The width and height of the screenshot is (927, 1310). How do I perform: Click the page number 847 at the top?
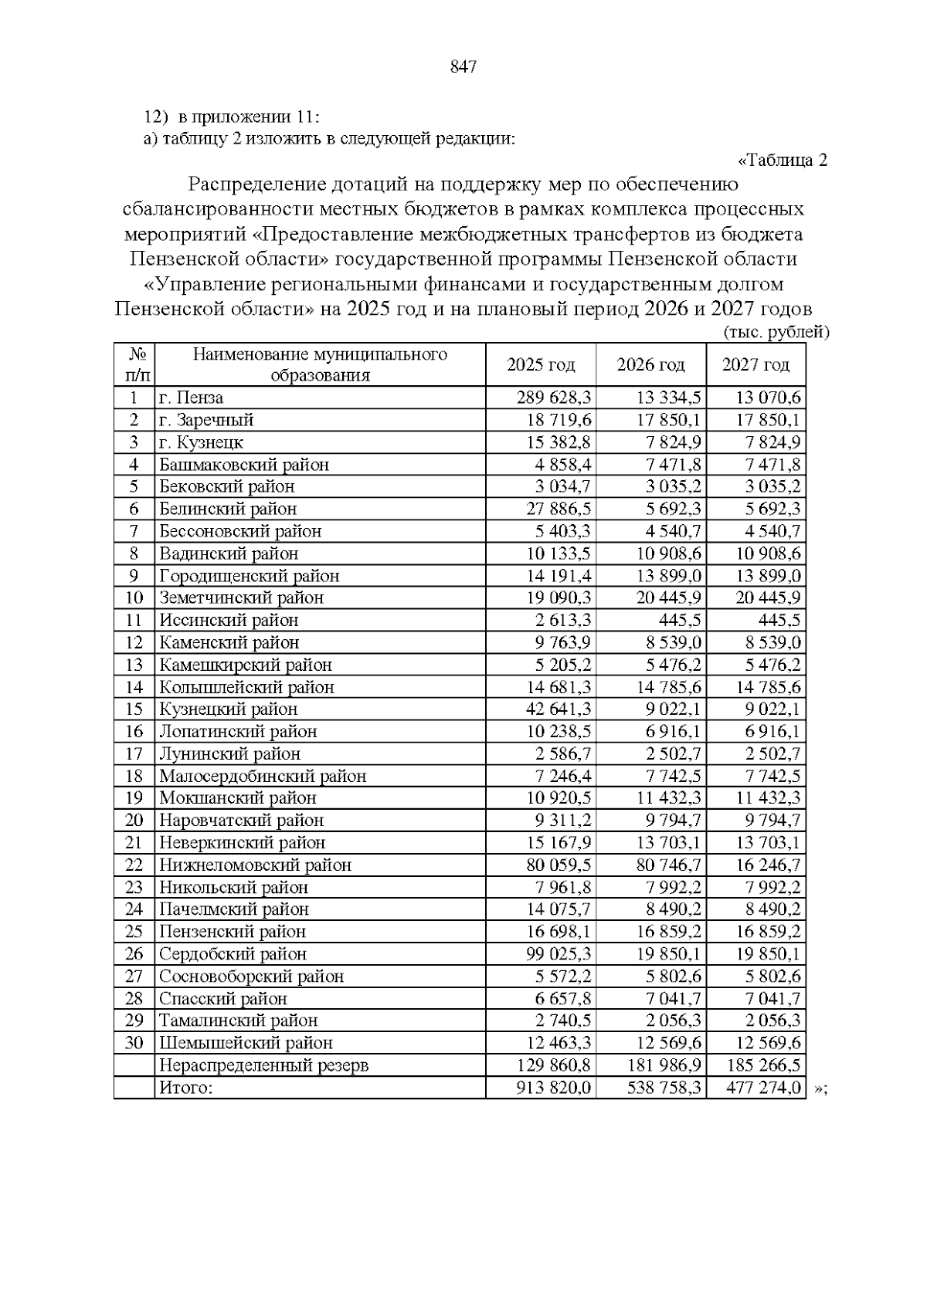tap(463, 67)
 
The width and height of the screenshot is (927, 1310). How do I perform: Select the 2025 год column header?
tap(541, 364)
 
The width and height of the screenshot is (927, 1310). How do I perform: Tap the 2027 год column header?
tap(756, 364)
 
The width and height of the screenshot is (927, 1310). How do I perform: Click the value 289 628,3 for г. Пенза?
tap(554, 398)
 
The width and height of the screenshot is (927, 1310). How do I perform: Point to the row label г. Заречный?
tap(206, 420)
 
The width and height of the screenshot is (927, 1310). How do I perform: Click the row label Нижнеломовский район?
tap(255, 865)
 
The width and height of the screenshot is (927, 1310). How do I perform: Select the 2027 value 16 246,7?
tap(763, 865)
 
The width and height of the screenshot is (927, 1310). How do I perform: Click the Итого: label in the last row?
tap(185, 1088)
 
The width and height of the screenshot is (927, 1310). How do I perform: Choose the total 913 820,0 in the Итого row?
tap(554, 1088)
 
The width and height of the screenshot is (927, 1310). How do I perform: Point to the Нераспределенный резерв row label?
tap(263, 1065)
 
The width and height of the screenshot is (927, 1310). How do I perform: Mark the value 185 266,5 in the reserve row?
tap(763, 1065)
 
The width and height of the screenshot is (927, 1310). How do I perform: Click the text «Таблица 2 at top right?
tap(783, 161)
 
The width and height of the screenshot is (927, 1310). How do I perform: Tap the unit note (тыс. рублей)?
tap(776, 333)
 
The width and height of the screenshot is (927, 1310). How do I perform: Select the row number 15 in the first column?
tap(134, 709)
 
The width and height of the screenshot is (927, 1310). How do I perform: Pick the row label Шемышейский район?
tap(246, 1043)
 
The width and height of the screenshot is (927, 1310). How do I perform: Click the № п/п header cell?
tap(134, 364)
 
